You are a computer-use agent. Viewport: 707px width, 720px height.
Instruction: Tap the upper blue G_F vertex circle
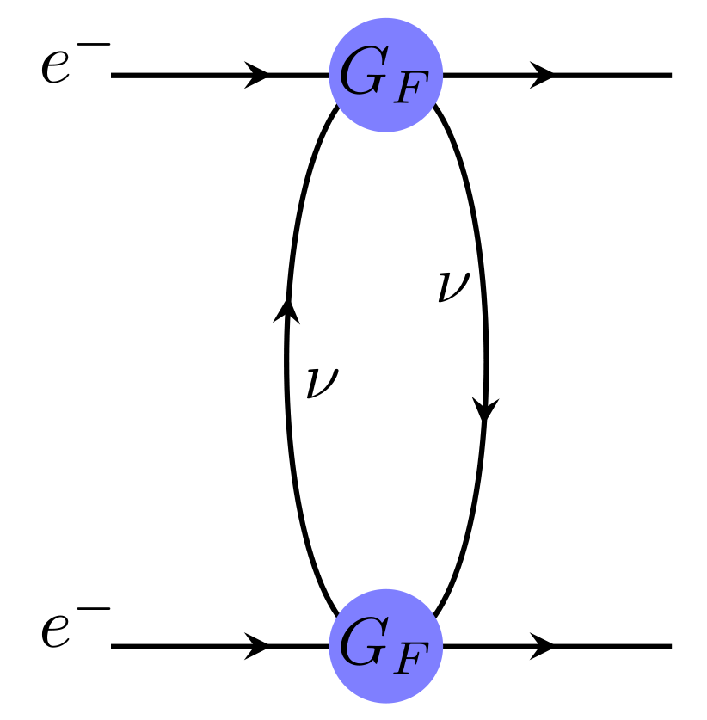point(385,76)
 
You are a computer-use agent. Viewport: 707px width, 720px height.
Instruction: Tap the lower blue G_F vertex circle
point(385,645)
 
